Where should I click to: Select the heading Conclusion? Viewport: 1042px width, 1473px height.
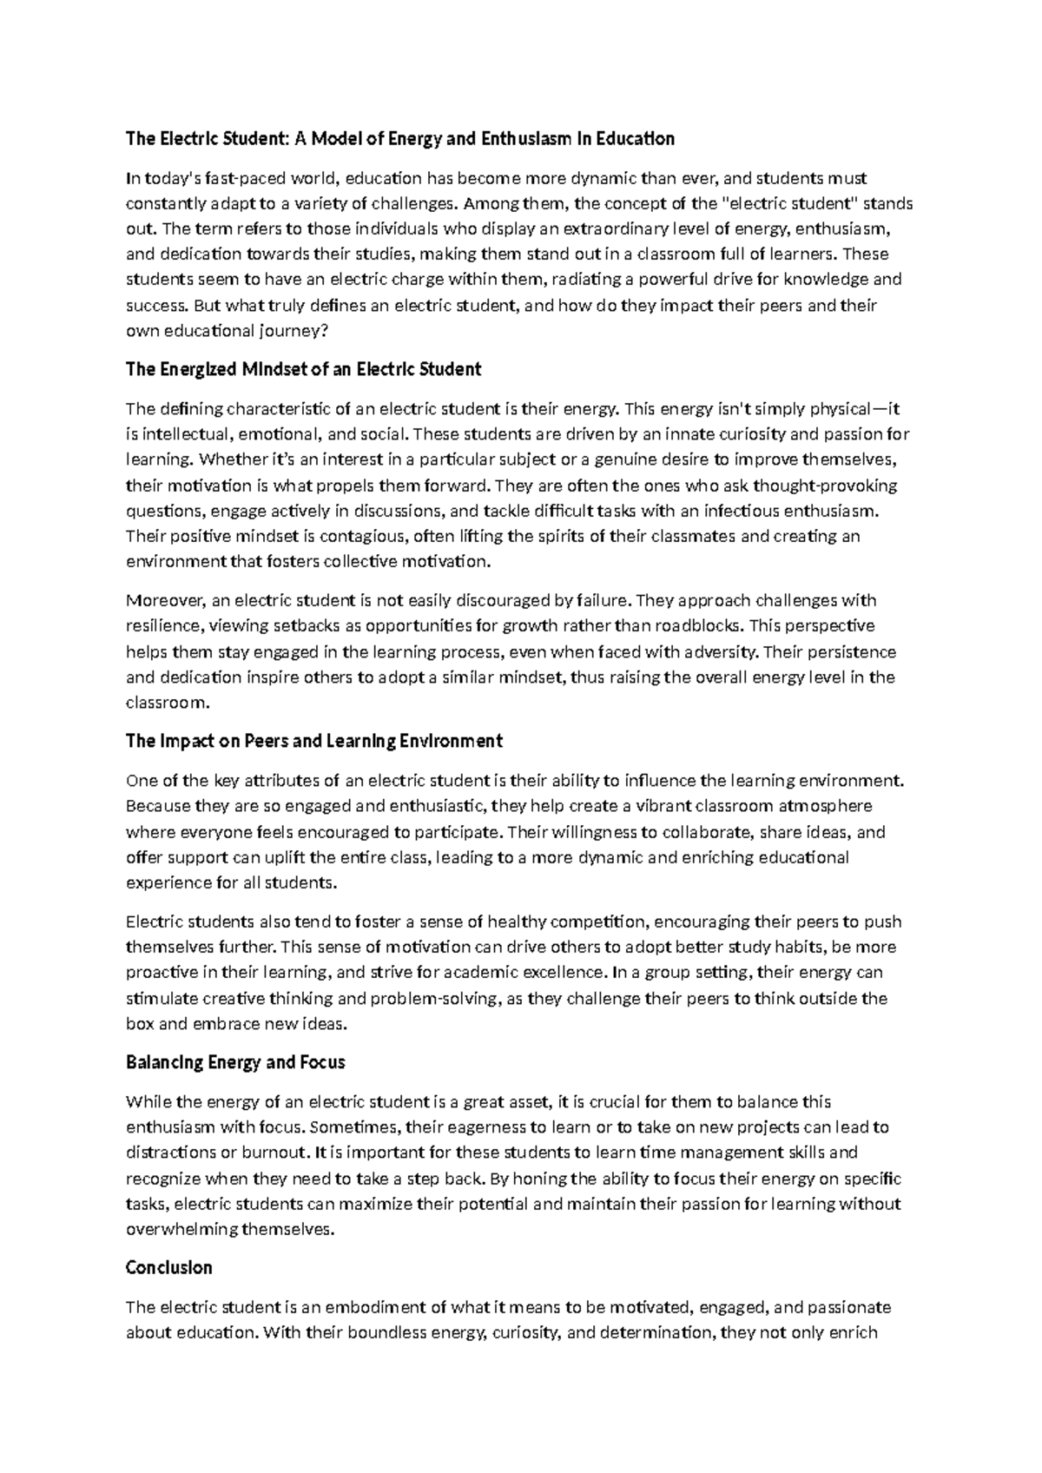coord(169,1267)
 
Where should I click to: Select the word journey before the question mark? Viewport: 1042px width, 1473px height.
coord(287,331)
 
